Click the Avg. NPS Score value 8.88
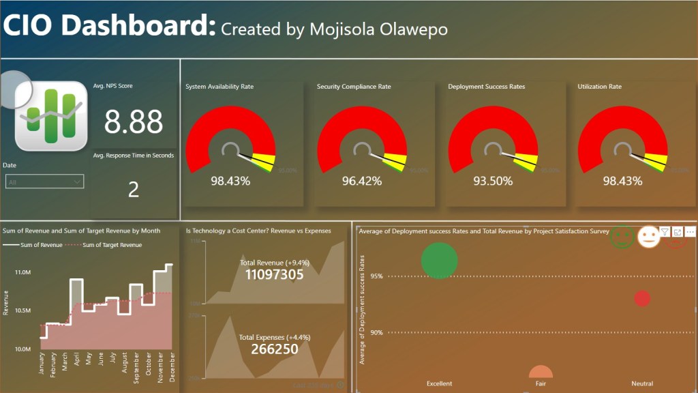[134, 121]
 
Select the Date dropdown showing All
[45, 181]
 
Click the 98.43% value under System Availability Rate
[230, 181]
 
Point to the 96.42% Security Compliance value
[361, 181]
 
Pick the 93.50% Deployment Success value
[493, 181]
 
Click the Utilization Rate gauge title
[600, 87]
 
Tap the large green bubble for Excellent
[440, 260]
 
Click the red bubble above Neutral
[642, 298]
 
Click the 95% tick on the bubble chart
[376, 276]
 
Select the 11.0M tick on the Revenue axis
[22, 272]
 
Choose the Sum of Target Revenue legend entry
[112, 244]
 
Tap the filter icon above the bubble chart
[665, 233]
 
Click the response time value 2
[134, 189]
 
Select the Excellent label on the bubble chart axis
[440, 383]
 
